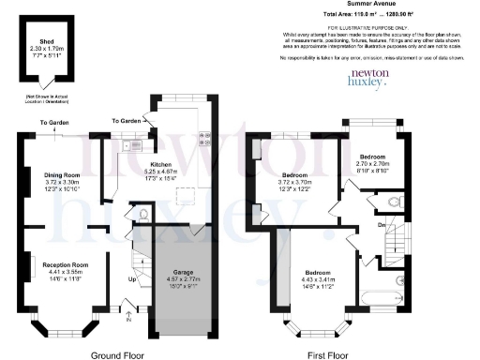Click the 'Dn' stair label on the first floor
click(x=382, y=225)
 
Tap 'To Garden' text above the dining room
click(x=54, y=123)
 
